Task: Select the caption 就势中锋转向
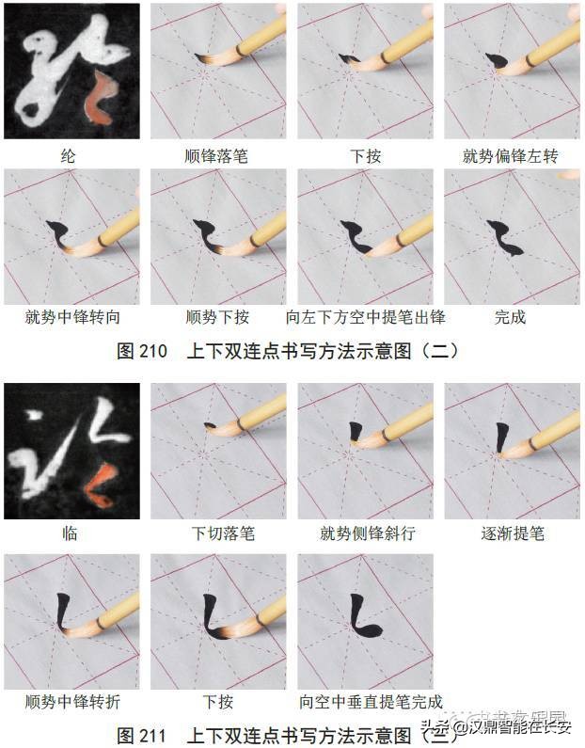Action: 71,317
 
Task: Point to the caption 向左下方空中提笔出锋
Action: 364,317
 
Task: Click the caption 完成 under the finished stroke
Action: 510,317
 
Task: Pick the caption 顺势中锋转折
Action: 71,702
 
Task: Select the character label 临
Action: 71,533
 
